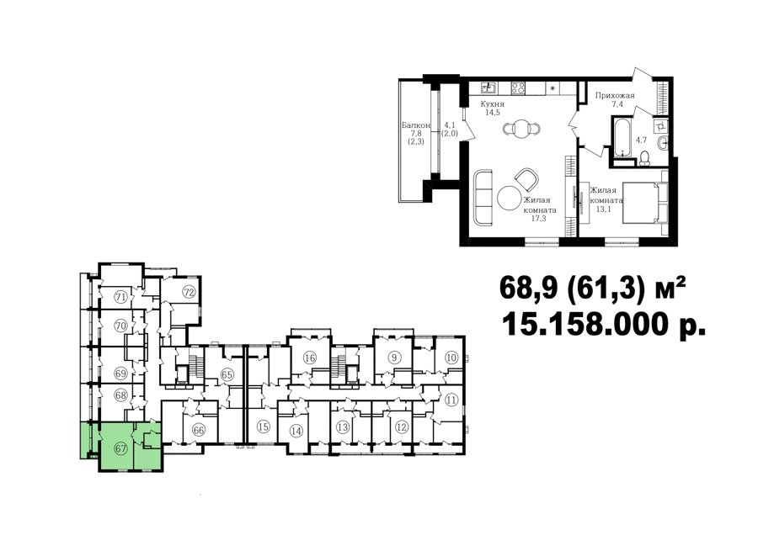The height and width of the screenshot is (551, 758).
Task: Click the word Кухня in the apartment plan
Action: tap(492, 103)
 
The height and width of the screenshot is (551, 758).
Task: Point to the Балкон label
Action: tap(416, 125)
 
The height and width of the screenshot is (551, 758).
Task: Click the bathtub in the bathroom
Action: tap(622, 135)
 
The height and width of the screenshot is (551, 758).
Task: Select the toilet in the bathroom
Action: tap(643, 158)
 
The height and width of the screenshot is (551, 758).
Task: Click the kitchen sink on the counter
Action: tap(488, 87)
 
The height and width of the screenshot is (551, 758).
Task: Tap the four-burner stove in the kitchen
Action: tap(518, 87)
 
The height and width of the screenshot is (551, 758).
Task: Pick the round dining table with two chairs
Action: tap(521, 129)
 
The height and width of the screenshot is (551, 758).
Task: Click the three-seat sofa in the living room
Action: tap(483, 197)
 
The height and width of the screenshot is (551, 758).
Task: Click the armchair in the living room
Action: tap(526, 178)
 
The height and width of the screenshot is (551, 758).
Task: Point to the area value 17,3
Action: tap(538, 219)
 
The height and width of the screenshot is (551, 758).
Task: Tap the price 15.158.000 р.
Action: tap(604, 324)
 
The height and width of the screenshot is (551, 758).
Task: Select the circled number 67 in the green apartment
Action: tap(120, 448)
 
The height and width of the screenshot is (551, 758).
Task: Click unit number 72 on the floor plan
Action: tap(189, 292)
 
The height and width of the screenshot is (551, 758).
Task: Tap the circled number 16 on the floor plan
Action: tap(310, 358)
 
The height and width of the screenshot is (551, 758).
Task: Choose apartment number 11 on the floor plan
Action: tap(451, 400)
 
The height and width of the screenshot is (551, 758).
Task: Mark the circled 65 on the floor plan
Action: tap(227, 374)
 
